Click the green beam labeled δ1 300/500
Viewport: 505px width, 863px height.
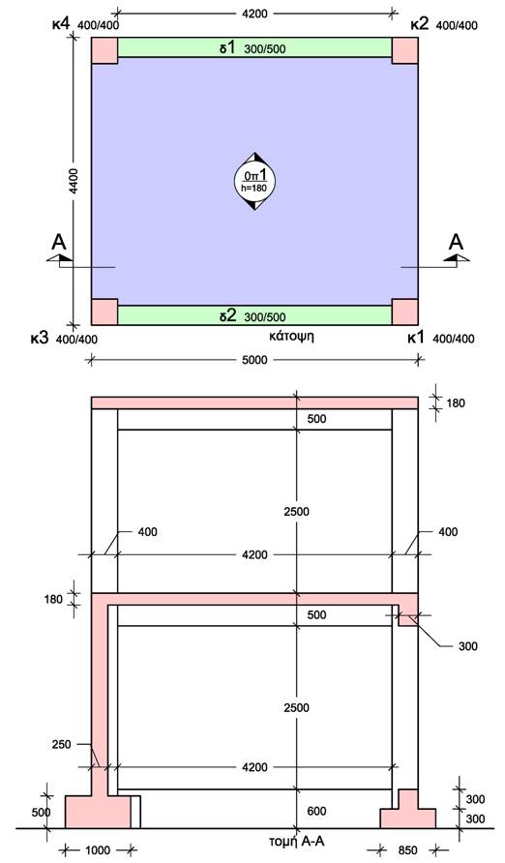pos(254,47)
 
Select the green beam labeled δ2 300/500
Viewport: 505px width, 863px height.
pos(254,315)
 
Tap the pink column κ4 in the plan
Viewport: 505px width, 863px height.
pos(104,50)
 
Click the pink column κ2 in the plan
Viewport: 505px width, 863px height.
pos(405,50)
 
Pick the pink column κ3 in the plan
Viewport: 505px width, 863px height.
pos(104,312)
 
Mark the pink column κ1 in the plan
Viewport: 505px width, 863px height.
pos(405,312)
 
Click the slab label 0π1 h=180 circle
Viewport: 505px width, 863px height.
pos(254,181)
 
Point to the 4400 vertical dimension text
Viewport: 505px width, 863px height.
pos(74,182)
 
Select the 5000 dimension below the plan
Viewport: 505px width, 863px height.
pos(254,360)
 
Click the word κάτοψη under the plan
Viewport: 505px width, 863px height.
pos(291,335)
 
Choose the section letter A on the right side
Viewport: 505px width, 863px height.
pos(456,242)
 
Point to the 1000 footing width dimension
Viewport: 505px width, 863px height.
pos(98,849)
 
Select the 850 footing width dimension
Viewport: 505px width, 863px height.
pos(407,850)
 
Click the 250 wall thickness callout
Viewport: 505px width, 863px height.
pos(62,745)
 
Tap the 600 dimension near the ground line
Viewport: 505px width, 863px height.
pos(316,811)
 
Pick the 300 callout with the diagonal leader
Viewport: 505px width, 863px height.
pos(467,646)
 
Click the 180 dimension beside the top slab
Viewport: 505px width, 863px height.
pos(456,402)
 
